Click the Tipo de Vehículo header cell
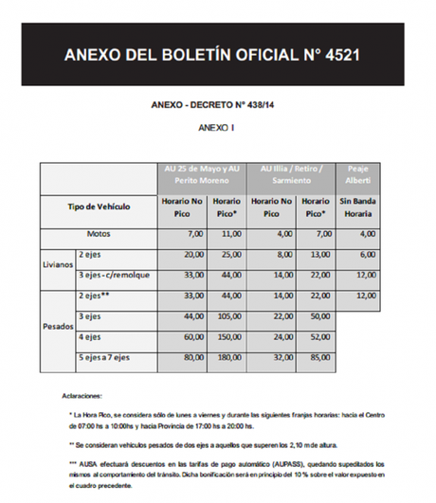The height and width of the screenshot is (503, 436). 99,206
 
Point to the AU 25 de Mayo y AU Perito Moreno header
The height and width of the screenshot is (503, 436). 200,175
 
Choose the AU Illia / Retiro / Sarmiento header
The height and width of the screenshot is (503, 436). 290,175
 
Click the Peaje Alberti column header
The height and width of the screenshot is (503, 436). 358,175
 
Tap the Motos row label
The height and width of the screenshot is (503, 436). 99,233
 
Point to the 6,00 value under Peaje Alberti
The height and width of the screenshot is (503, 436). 368,254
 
